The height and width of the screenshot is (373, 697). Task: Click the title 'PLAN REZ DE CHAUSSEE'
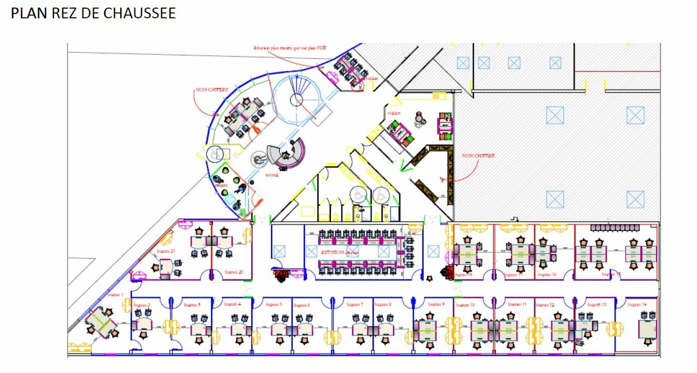(93, 14)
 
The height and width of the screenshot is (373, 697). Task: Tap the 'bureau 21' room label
(166, 251)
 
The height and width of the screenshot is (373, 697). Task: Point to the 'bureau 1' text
(115, 294)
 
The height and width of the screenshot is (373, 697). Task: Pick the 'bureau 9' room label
(436, 304)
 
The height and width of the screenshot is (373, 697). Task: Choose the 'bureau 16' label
(547, 275)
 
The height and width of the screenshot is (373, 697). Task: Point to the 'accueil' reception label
(272, 175)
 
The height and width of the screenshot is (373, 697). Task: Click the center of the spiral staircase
(296, 100)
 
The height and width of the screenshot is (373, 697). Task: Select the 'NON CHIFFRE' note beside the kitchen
(478, 156)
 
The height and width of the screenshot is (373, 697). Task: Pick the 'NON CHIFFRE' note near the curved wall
(212, 89)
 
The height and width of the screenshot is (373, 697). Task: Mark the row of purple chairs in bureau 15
(614, 227)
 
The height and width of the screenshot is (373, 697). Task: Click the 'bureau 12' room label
(545, 304)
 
